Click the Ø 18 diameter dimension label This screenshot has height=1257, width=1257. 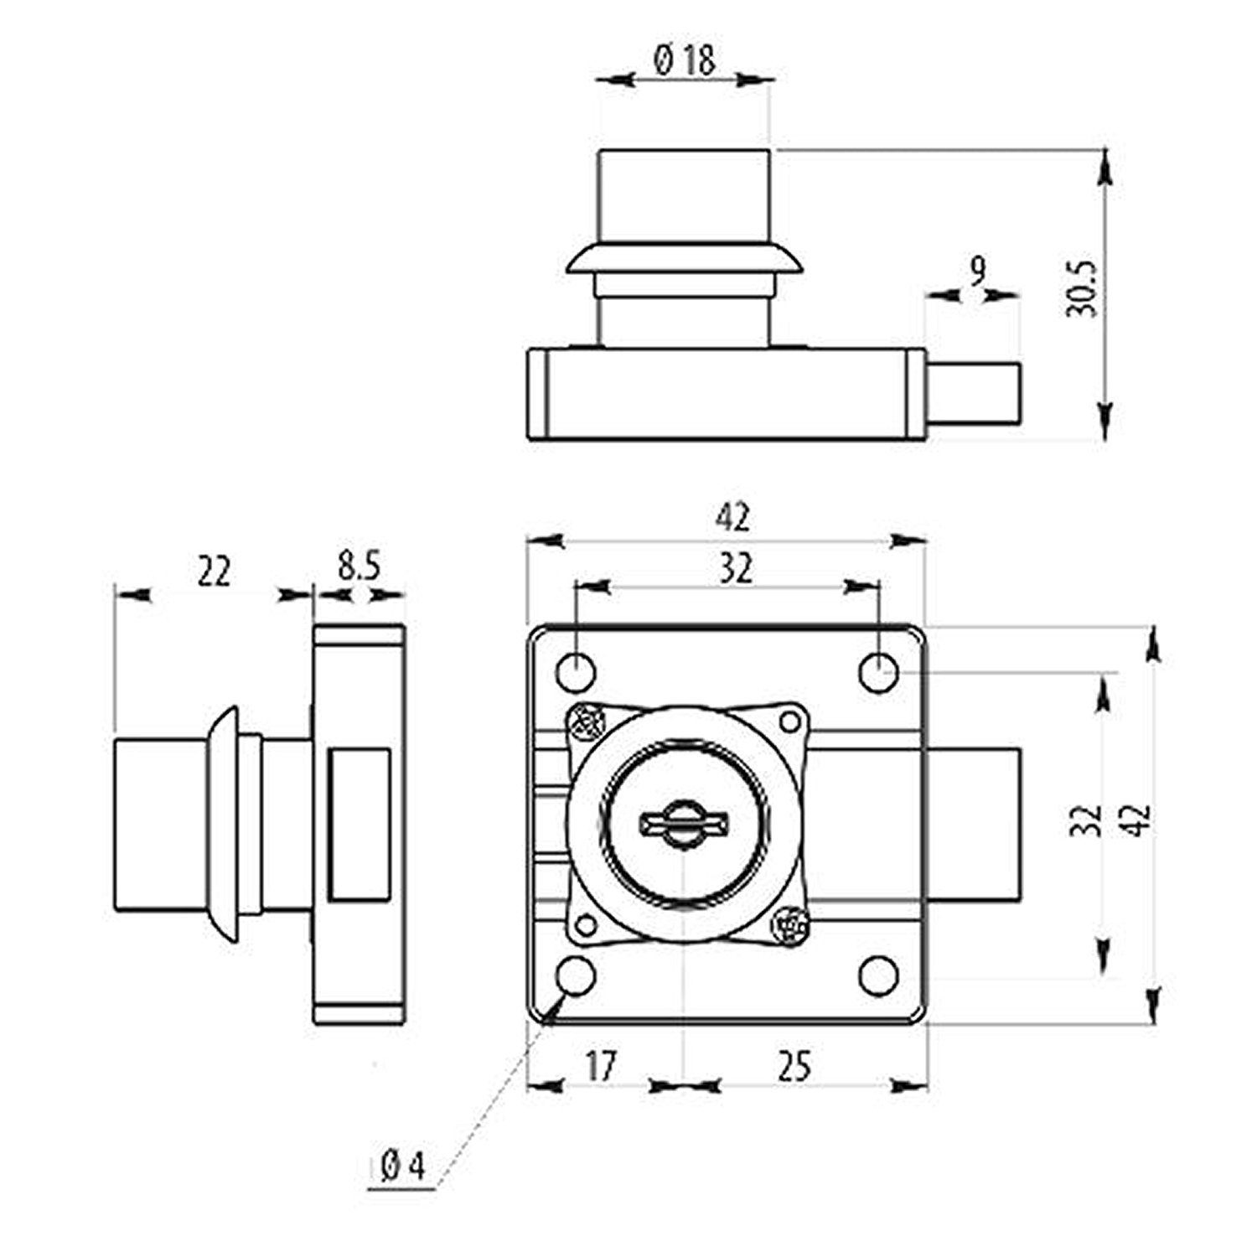coord(682,61)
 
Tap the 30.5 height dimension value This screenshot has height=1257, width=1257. coord(1082,289)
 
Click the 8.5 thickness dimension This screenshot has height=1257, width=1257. coord(359,567)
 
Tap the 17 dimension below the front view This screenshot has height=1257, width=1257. coord(601,1066)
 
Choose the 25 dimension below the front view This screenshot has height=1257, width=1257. coord(794,1066)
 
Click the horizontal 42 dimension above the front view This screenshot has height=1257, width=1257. coord(732,519)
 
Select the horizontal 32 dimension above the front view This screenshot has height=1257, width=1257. coord(735,569)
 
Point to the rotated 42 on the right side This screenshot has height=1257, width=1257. coord(1141,822)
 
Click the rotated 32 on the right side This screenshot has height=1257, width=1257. coord(1086,822)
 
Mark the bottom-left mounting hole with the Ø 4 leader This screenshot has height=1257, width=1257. coord(577,975)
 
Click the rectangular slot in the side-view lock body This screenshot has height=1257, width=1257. coord(360,826)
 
